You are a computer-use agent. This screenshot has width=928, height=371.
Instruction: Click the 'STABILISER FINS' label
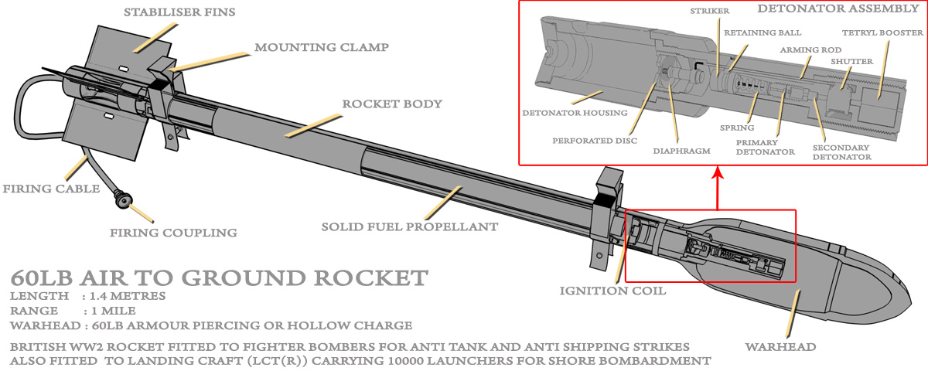click(x=179, y=12)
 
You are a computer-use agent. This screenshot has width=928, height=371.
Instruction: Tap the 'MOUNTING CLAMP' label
click(x=322, y=47)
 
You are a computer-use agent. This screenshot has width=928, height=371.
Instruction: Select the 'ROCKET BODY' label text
click(x=392, y=104)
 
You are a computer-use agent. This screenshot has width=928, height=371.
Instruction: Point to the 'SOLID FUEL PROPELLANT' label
click(x=410, y=226)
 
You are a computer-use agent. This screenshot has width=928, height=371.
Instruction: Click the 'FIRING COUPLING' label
click(x=173, y=233)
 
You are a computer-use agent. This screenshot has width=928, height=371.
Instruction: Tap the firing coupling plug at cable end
click(x=124, y=200)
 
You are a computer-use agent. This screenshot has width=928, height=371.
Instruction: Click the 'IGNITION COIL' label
click(x=612, y=291)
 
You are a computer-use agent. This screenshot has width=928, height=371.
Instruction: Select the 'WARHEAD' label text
click(x=780, y=347)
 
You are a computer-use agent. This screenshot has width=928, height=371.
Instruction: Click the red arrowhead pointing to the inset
click(x=718, y=172)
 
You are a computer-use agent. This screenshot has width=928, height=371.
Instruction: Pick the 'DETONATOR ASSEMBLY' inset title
click(x=837, y=9)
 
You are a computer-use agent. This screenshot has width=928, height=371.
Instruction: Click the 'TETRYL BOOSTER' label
click(x=882, y=32)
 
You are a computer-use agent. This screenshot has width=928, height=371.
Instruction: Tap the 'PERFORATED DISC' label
click(x=595, y=141)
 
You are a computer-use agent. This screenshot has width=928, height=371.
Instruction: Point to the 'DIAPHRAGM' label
click(x=681, y=151)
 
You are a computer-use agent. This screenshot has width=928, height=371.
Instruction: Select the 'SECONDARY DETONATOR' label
click(x=841, y=152)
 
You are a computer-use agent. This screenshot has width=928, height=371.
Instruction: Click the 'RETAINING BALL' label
click(x=763, y=32)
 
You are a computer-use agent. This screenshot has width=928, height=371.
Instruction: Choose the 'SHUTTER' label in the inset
click(x=851, y=62)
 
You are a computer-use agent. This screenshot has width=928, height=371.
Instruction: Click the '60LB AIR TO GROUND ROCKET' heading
click(x=219, y=277)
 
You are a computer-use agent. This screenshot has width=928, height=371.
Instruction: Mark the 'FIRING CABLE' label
click(x=51, y=189)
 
